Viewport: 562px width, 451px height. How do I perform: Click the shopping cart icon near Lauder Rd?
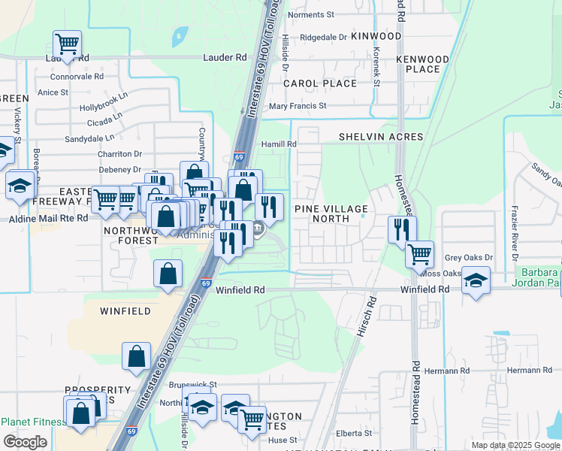click(68, 44)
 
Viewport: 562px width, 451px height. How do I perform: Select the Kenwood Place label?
click(422, 64)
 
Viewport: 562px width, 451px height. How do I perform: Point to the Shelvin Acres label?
click(381, 137)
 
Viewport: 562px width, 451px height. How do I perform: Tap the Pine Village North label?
click(331, 213)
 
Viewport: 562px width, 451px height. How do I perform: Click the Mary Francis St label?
click(298, 106)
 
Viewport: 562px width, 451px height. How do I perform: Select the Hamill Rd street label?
click(279, 144)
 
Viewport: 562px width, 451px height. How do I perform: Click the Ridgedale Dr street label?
click(323, 36)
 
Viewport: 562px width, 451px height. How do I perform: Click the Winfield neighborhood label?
click(125, 310)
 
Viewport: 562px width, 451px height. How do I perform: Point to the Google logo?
click(25, 442)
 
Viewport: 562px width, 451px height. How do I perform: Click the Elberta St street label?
click(354, 433)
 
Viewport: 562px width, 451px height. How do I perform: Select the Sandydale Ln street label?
click(89, 138)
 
